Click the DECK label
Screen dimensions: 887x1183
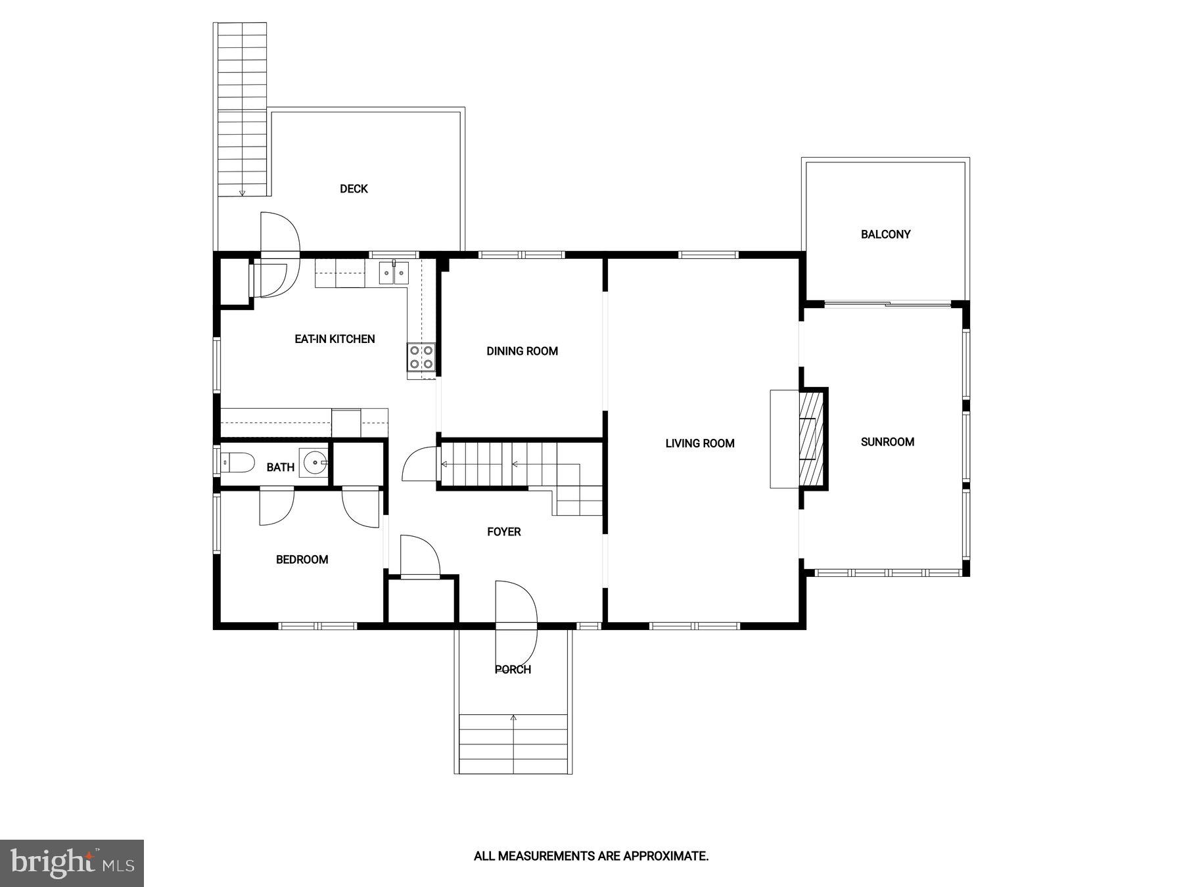[354, 189]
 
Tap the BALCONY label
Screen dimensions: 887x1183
[885, 235]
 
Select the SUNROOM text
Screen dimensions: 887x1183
[887, 442]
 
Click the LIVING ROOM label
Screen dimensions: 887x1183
[699, 444]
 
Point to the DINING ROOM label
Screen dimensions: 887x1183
[522, 352]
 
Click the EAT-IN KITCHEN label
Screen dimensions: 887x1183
[335, 339]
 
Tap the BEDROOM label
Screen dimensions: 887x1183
[302, 560]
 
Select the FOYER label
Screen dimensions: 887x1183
[503, 532]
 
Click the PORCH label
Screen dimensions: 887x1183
[513, 670]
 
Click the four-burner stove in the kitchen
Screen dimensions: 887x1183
[421, 357]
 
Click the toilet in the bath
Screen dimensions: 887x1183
[238, 463]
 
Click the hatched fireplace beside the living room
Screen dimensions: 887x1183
[811, 438]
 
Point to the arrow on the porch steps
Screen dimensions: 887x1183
[513, 718]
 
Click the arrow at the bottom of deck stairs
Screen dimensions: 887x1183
[242, 193]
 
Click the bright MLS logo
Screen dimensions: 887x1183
[72, 863]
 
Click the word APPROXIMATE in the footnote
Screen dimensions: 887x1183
[665, 856]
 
